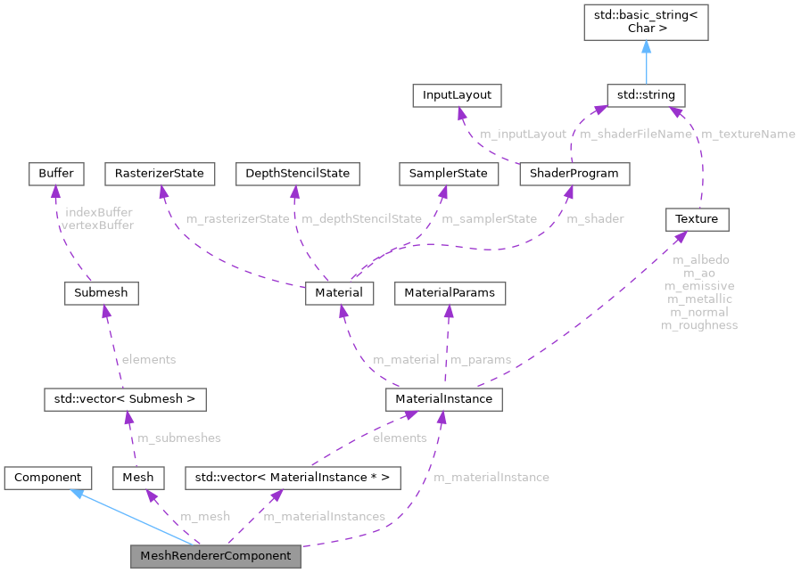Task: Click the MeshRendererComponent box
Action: coord(215,555)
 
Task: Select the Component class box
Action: coord(48,477)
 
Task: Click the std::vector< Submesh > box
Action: coord(125,398)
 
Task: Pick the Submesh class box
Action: coord(103,292)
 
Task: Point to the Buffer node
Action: coord(55,173)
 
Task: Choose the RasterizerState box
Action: coord(160,173)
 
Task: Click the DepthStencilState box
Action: coord(297,173)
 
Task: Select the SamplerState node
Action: coord(448,173)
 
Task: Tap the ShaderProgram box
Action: coord(574,173)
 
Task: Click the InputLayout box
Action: coord(458,94)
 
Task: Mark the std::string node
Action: coord(646,94)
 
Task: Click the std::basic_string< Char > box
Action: coord(646,21)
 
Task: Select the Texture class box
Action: coord(697,218)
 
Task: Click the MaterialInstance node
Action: coord(443,398)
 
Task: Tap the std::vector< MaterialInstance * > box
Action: coord(292,477)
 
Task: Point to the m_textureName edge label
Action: coord(747,134)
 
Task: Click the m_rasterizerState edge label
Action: coord(237,218)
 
